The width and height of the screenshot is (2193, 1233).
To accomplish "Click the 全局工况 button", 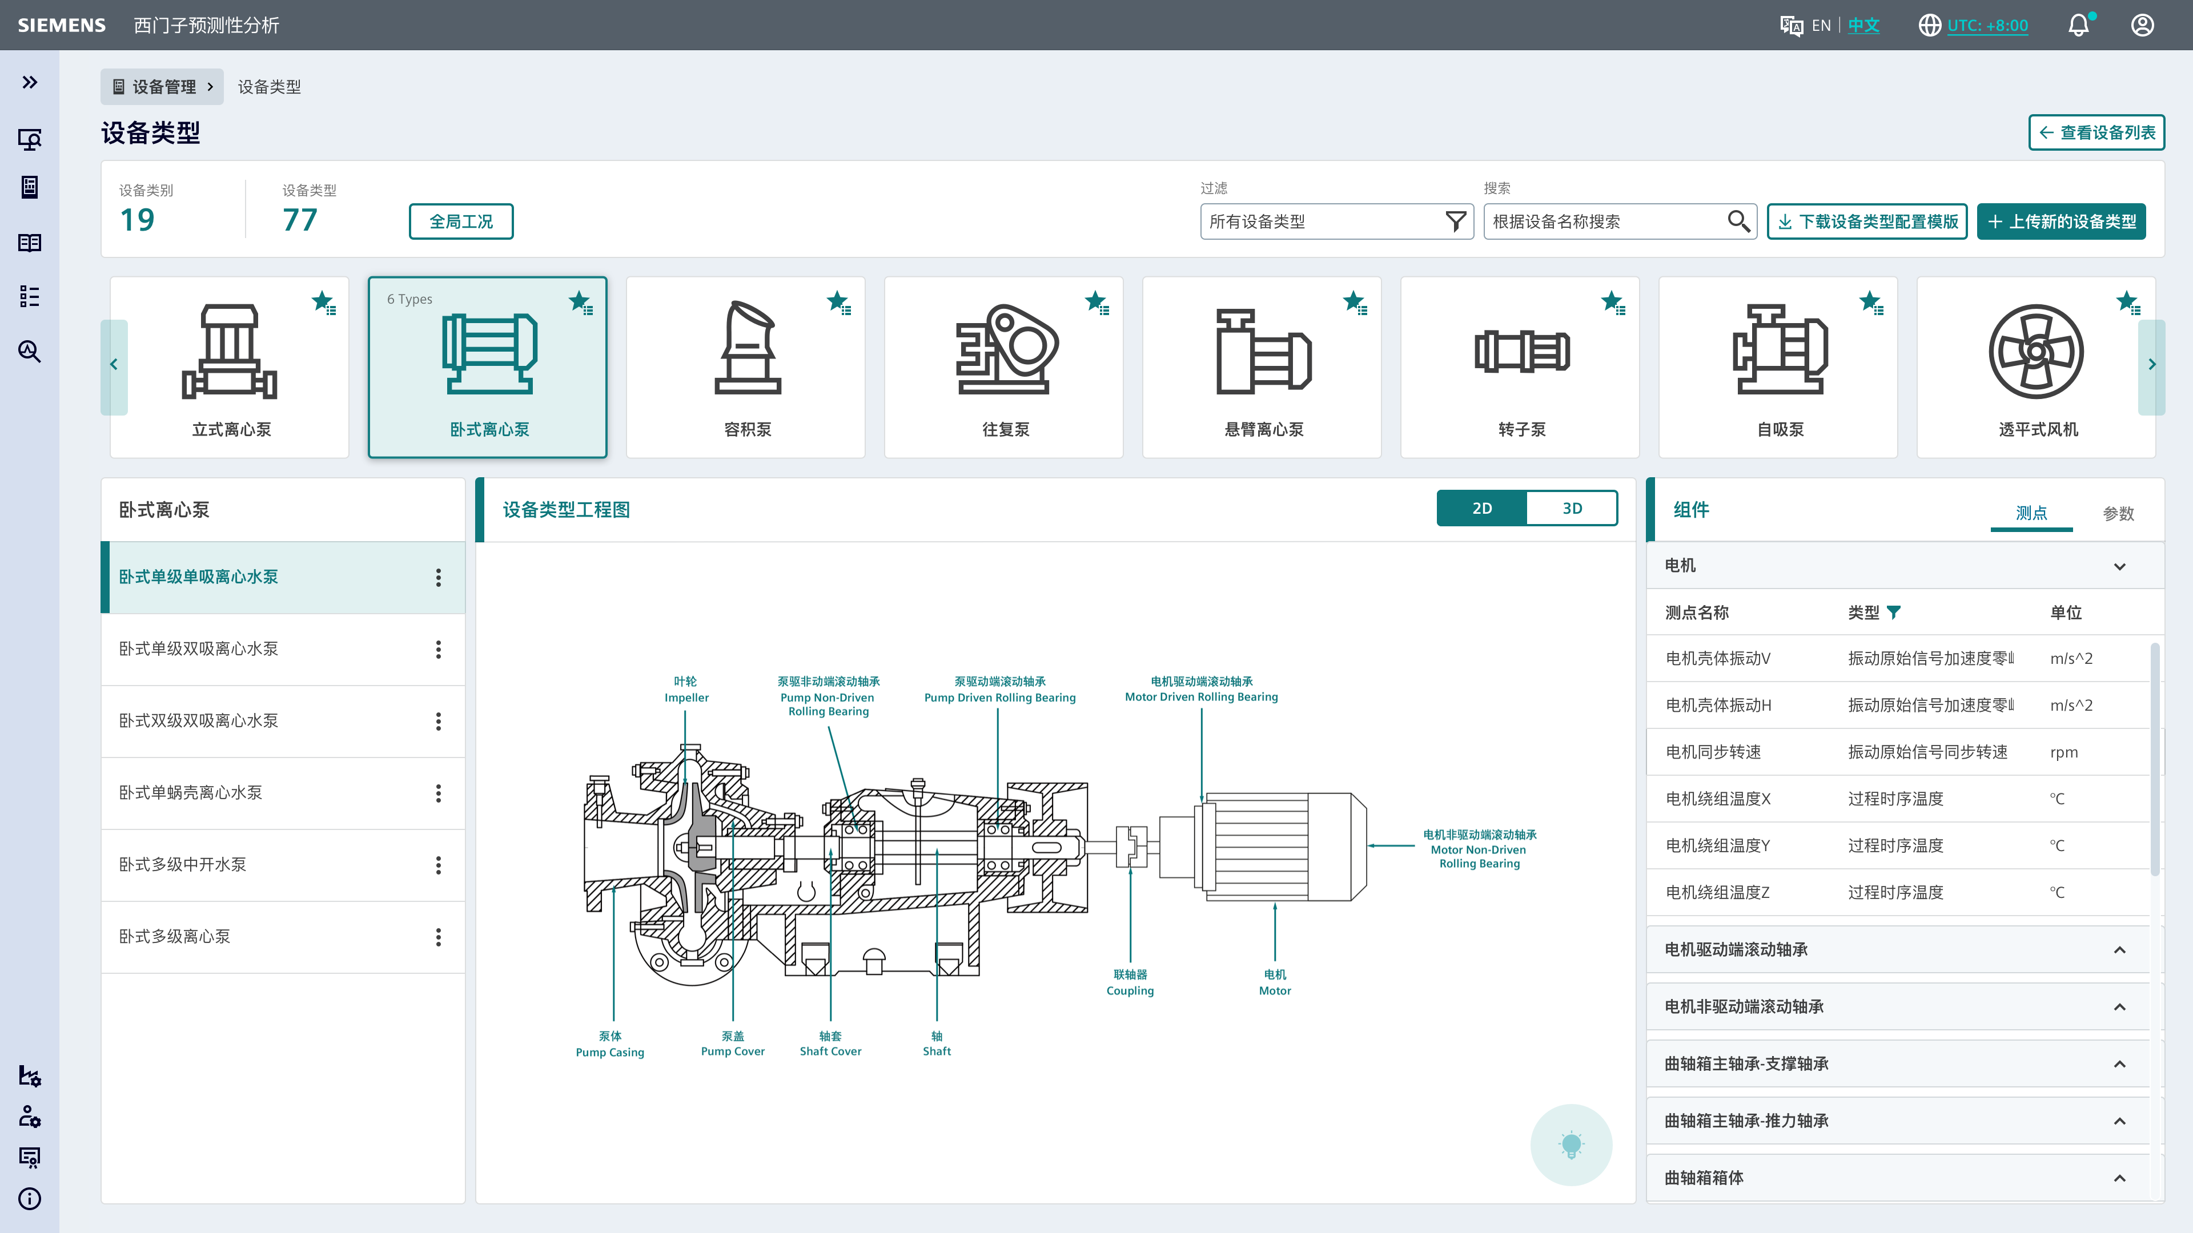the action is pos(460,221).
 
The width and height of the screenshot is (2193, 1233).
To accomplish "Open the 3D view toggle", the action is pos(1572,508).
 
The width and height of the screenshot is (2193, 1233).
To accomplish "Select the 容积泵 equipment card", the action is pos(746,366).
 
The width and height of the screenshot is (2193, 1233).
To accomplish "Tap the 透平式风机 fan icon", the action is pos(2037,352).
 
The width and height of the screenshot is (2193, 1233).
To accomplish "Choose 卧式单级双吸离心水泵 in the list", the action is pos(198,648).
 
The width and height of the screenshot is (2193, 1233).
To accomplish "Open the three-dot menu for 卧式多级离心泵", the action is pos(439,937).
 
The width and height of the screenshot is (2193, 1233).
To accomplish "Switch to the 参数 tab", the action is pos(2118,513).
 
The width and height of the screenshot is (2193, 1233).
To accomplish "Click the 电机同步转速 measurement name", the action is pos(1713,751).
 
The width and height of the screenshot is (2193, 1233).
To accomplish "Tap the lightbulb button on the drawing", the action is pos(1571,1145).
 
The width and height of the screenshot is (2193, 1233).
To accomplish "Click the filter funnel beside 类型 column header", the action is pos(1893,612).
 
